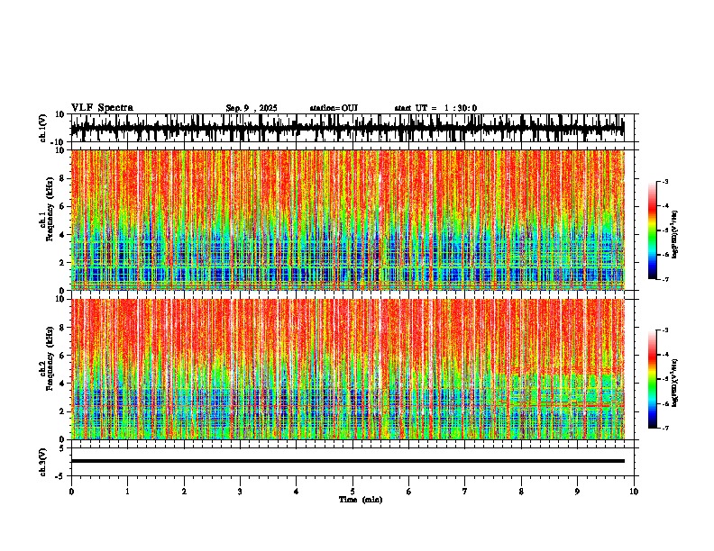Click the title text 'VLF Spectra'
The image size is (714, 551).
(x=102, y=108)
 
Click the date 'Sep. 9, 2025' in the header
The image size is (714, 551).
(x=252, y=108)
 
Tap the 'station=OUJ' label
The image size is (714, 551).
(x=334, y=108)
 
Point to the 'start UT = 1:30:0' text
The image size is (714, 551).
(x=435, y=108)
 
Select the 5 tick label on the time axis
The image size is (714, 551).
(x=352, y=492)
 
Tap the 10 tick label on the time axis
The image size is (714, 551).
(x=634, y=492)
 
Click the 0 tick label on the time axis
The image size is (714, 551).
(x=71, y=492)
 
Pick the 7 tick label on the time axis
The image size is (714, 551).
(x=465, y=492)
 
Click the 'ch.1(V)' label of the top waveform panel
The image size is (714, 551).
(x=43, y=129)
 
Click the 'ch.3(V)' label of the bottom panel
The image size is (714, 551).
(x=43, y=461)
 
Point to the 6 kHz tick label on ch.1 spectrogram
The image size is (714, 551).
(x=63, y=206)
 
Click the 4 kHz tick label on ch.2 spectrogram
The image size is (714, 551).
(x=63, y=384)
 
